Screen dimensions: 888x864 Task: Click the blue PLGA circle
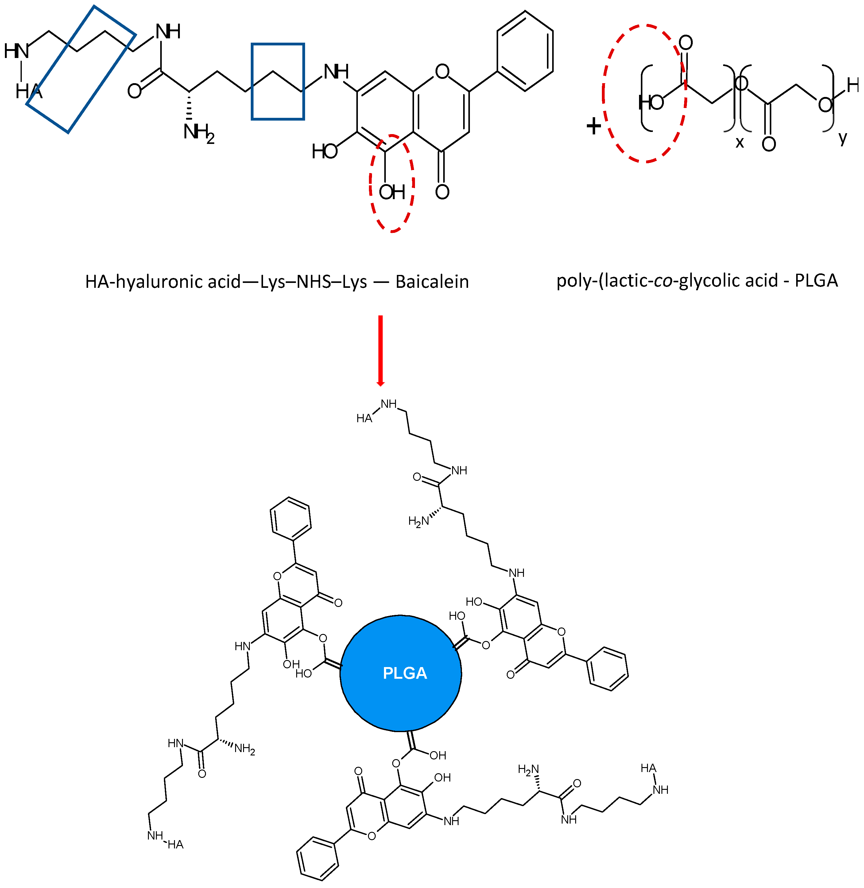tap(401, 673)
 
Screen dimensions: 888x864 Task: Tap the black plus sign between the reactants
tap(594, 126)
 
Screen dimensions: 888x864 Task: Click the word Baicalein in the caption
tap(432, 282)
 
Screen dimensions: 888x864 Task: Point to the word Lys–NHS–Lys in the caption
tap(313, 282)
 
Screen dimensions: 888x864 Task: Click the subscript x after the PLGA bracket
tap(740, 142)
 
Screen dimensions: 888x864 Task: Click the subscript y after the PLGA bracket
tap(843, 137)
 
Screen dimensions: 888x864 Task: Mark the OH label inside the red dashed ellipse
tap(392, 192)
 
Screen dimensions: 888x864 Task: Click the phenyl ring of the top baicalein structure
tap(525, 51)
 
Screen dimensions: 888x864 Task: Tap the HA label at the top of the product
tap(364, 418)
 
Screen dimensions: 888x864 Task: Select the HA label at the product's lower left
tap(176, 844)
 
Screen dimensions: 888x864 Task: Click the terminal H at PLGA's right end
tap(853, 85)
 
